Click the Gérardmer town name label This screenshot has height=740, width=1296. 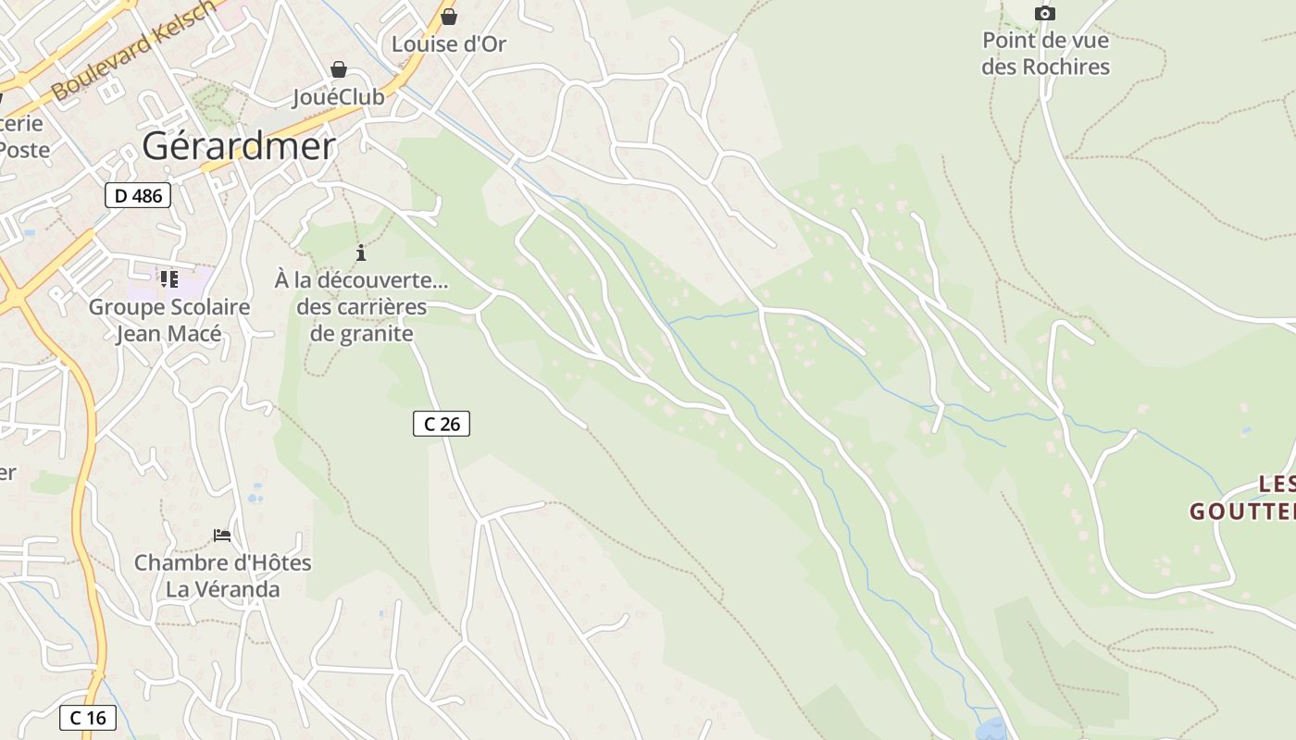(238, 146)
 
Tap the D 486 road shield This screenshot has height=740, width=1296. (138, 195)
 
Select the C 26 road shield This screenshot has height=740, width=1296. (442, 424)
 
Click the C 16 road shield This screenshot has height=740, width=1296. (88, 717)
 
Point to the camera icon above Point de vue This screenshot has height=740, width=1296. (1045, 13)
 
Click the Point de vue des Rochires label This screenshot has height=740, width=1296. (1045, 54)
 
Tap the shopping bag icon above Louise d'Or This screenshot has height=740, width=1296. (449, 17)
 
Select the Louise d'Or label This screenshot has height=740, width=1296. (449, 43)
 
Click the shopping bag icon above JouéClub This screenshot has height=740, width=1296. (339, 69)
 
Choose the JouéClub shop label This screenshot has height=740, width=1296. (338, 97)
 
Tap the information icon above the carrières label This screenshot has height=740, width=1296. (361, 253)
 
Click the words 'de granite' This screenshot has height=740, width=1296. (361, 333)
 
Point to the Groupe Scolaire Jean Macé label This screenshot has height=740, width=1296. (169, 320)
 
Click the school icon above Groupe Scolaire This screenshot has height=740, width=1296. (168, 278)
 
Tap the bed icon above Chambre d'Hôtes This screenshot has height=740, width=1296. (222, 535)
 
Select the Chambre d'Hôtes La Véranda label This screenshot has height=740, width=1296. (222, 575)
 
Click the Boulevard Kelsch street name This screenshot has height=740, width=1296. (134, 51)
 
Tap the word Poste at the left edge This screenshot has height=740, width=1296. (24, 150)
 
